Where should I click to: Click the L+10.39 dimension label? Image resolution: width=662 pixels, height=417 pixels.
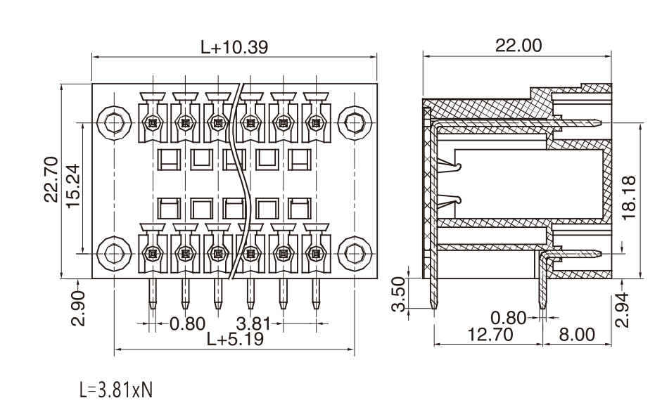pos(234,47)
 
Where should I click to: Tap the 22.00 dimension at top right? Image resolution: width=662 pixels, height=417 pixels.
pos(518,45)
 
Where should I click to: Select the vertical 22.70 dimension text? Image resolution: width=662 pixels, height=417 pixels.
pos(51,179)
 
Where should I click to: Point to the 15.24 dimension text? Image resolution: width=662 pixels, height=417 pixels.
pos(73,186)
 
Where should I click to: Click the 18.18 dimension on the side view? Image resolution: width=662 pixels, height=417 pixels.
pos(629,197)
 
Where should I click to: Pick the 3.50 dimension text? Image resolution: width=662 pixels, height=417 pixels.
pos(399,294)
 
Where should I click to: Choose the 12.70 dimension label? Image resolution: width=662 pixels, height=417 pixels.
pos(490,334)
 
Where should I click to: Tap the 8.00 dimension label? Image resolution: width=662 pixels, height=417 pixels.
pos(577,334)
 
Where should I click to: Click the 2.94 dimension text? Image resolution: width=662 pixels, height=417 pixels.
pos(622,310)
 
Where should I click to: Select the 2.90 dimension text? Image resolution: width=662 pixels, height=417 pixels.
pos(78,308)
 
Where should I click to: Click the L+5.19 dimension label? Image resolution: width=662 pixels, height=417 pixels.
pos(235,338)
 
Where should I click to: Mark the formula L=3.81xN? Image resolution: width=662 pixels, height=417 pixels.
pos(116,390)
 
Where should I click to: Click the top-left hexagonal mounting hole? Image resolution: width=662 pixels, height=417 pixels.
pos(114,123)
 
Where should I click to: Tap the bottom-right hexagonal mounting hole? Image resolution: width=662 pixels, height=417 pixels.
pos(355,253)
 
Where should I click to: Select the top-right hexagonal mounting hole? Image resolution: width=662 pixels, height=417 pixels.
pos(355,123)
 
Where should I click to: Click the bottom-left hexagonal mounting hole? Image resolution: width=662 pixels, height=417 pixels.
pos(114,253)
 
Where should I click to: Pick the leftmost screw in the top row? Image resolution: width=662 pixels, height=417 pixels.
pos(152,123)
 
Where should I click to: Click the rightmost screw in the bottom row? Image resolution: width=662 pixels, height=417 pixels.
pos(316,254)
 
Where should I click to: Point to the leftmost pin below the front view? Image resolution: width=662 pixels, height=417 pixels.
pos(153,294)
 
